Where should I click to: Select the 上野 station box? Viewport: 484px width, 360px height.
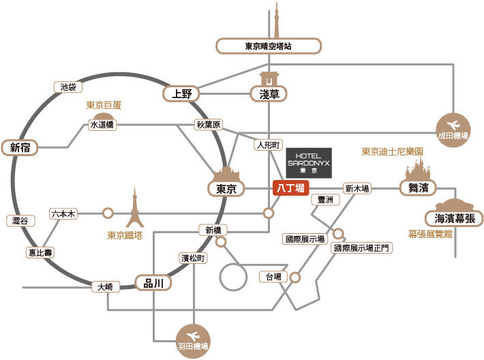(x=182, y=94)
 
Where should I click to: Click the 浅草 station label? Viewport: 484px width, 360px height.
(x=270, y=94)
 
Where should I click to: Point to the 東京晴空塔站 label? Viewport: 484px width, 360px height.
(x=269, y=46)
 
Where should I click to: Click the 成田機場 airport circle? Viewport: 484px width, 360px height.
(x=453, y=129)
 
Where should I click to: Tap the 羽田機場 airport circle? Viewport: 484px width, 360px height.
(x=193, y=340)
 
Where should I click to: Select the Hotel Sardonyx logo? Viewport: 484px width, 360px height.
(x=308, y=163)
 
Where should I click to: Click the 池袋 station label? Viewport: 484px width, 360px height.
(x=68, y=87)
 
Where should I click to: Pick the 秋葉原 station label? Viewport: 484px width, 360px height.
(x=209, y=125)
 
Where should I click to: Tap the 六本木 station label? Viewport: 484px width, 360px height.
(x=63, y=213)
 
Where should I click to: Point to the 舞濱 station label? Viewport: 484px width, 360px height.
(x=418, y=188)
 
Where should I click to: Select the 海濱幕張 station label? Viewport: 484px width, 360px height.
(x=454, y=219)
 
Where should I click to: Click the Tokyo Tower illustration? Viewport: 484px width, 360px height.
(x=135, y=209)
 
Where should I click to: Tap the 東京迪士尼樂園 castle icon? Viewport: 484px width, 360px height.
(x=417, y=168)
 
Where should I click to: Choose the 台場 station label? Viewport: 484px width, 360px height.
(x=273, y=277)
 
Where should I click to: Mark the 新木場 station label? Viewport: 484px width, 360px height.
(x=357, y=188)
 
